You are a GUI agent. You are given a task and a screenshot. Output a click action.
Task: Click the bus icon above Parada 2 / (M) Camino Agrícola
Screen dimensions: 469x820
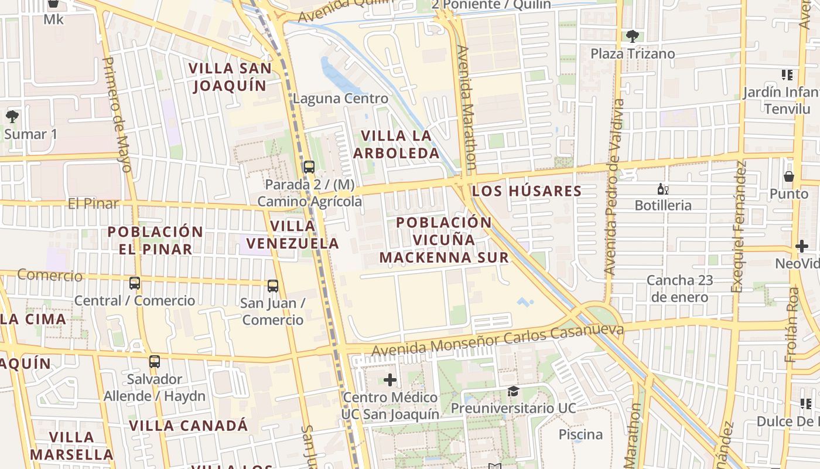309,167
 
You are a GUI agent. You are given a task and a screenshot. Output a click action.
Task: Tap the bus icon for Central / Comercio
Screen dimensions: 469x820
135,283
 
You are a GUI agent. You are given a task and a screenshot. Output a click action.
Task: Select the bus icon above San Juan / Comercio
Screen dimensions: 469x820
273,286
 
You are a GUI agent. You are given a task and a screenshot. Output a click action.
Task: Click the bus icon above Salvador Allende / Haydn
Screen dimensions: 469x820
155,362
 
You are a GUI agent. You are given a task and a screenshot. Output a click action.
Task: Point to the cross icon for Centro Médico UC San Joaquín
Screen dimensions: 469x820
390,380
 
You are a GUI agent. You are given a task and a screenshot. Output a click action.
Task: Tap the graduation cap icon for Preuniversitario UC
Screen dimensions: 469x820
513,391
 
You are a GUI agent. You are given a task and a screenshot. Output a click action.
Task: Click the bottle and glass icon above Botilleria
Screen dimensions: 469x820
663,189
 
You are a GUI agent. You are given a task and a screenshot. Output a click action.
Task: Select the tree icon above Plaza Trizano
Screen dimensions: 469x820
632,36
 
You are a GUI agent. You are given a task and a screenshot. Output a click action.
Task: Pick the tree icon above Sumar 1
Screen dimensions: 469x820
12,117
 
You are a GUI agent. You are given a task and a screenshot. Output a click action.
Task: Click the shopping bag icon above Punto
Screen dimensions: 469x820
789,176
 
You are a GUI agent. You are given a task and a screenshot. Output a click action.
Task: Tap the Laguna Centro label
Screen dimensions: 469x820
340,98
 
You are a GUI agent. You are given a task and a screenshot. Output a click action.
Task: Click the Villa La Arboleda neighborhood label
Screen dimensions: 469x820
400,144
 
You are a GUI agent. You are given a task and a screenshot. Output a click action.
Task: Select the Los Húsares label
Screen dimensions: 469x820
527,191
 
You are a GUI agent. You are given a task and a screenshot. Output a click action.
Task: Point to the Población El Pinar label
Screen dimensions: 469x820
155,240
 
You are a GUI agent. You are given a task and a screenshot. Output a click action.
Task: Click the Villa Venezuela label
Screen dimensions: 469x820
292,234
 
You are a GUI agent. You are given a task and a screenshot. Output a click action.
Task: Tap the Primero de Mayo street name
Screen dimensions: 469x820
117,114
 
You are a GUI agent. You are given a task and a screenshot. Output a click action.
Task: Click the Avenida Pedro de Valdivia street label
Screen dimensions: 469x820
614,188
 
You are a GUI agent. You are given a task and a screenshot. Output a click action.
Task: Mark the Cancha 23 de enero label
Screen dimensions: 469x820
679,288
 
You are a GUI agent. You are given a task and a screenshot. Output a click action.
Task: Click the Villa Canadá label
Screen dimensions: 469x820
189,426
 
